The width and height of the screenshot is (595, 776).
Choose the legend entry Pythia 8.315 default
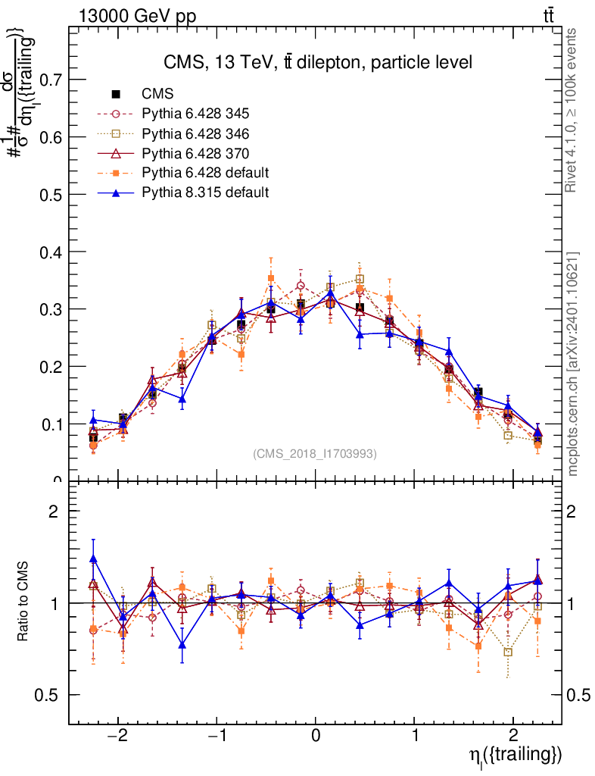point(205,192)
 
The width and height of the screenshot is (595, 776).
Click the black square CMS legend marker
point(116,94)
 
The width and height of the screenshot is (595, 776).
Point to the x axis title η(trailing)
point(516,756)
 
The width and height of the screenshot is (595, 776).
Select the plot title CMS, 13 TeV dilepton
point(318,62)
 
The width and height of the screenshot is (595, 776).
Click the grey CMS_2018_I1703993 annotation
point(315,453)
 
